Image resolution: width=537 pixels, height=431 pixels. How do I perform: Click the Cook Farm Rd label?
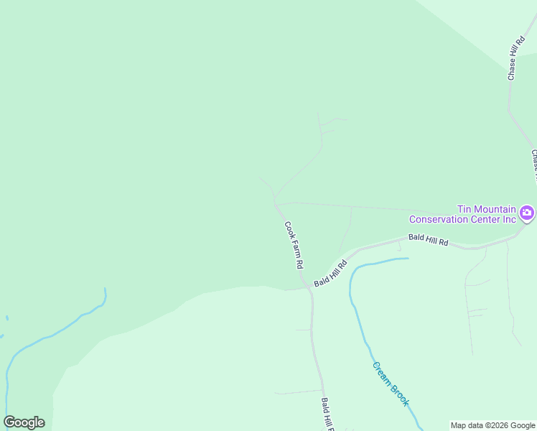[294, 245]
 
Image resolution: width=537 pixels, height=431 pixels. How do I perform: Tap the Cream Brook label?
[391, 384]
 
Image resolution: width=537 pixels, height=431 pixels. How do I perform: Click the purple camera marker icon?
[528, 213]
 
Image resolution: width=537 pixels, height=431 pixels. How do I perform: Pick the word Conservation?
[438, 219]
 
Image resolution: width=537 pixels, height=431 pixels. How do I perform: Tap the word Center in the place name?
[485, 219]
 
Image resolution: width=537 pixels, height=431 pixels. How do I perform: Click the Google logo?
[24, 422]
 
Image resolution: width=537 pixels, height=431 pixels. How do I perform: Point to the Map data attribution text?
[493, 425]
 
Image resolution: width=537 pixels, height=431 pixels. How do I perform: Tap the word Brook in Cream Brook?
[398, 394]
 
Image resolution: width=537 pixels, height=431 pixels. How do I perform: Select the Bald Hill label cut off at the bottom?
[327, 415]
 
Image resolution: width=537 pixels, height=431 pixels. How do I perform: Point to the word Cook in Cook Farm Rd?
[289, 229]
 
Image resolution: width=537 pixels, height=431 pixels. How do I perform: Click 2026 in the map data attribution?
[500, 425]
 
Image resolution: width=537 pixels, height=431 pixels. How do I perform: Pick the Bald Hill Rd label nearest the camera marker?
[428, 240]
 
